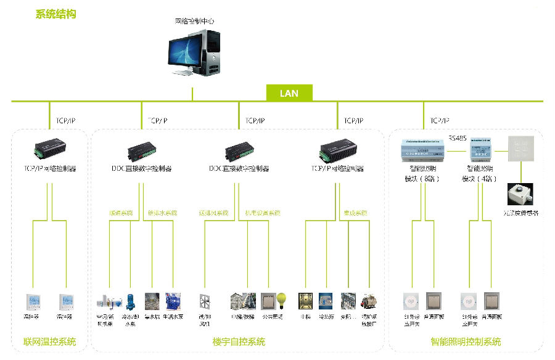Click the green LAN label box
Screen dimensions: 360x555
(x=289, y=93)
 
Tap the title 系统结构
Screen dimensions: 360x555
(x=56, y=14)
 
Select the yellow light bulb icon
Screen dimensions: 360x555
(x=281, y=300)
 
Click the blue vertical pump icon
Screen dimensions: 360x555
(x=131, y=301)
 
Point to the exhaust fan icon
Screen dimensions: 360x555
(x=205, y=301)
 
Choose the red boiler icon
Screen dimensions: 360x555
(x=369, y=301)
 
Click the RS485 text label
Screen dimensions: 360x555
(x=458, y=138)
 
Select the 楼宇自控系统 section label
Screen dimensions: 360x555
(x=239, y=342)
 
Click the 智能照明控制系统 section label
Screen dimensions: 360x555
(x=466, y=342)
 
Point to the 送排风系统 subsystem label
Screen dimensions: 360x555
(x=213, y=213)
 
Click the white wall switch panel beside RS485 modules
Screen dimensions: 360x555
(x=519, y=149)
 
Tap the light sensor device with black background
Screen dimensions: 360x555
(x=519, y=194)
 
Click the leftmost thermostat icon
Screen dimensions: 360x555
(x=33, y=301)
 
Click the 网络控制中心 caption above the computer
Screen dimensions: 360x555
(x=194, y=21)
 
